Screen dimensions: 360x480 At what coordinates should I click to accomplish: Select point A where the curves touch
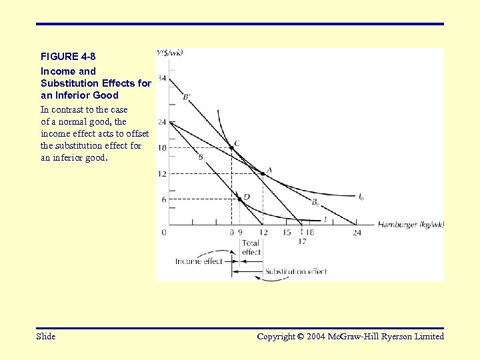click(262, 173)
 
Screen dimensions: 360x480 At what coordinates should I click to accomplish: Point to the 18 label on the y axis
click(162, 147)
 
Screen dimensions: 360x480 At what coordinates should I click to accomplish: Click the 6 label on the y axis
click(163, 199)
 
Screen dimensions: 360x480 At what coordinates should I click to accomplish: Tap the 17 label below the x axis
click(303, 241)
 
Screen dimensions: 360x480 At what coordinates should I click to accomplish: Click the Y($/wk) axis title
click(170, 53)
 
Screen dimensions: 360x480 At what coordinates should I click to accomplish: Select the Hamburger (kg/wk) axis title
click(411, 225)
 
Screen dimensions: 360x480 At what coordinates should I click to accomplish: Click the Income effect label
click(198, 261)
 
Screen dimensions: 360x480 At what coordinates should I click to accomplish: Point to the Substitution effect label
click(296, 272)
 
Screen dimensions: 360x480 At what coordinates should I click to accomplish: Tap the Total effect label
click(251, 247)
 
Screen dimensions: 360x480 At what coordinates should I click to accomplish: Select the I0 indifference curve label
click(361, 197)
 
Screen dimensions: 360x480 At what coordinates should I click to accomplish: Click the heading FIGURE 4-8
click(68, 56)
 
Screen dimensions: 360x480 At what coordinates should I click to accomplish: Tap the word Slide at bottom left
click(46, 336)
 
